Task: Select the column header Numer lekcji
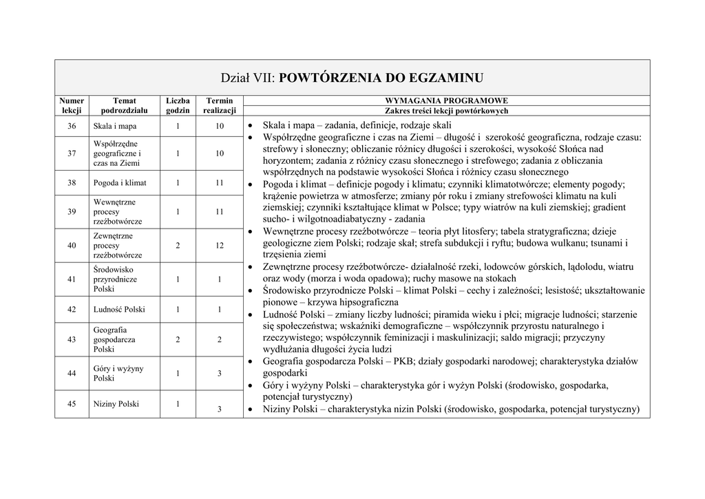point(72,105)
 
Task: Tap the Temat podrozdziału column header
point(124,105)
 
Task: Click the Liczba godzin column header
point(177,105)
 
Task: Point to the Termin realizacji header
point(219,105)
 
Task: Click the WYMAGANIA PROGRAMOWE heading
point(446,100)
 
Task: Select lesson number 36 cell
point(72,126)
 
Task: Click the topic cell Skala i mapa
point(115,127)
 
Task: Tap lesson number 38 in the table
point(72,183)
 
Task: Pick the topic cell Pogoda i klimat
point(120,183)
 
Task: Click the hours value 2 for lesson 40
point(177,245)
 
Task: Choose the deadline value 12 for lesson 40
point(219,245)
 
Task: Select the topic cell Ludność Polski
point(119,310)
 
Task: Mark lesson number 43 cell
point(72,339)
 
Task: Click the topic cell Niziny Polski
point(116,404)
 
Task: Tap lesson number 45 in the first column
point(72,404)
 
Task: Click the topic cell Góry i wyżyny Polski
point(118,373)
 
